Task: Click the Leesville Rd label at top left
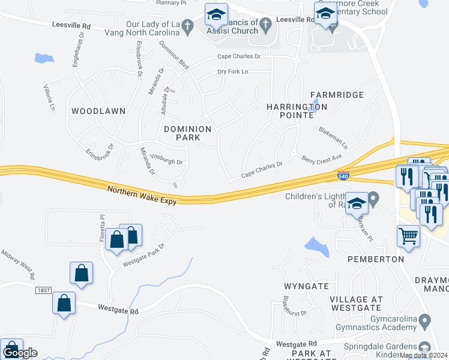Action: (x=71, y=26)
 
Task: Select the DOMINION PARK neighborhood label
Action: (x=188, y=133)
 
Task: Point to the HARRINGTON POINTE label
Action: (x=297, y=112)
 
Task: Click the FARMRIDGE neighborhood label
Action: (x=337, y=95)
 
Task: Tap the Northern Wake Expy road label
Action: (x=142, y=196)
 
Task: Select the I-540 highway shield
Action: (x=340, y=176)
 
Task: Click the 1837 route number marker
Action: (x=43, y=290)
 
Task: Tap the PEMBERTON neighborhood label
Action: (x=376, y=259)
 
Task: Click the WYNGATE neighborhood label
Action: (x=306, y=286)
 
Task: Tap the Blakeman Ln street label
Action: (x=333, y=139)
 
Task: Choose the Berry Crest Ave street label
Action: (x=321, y=159)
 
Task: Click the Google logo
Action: (x=20, y=353)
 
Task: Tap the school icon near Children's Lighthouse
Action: (x=357, y=205)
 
